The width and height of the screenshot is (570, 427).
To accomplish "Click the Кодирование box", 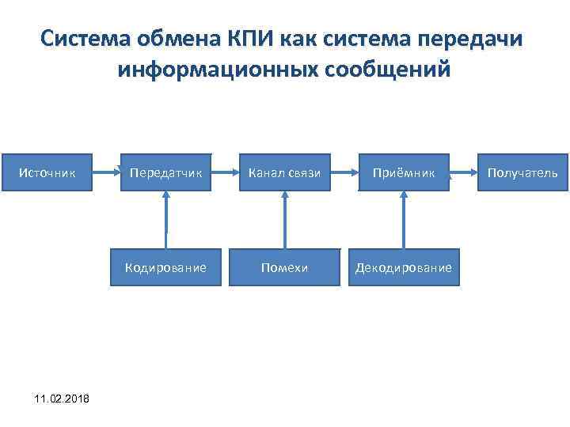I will click(x=166, y=267).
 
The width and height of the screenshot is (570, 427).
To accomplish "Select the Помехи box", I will click(x=285, y=267).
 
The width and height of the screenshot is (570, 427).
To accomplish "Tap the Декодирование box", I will click(x=404, y=267).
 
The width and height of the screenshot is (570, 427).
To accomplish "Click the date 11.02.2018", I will click(x=63, y=398).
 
